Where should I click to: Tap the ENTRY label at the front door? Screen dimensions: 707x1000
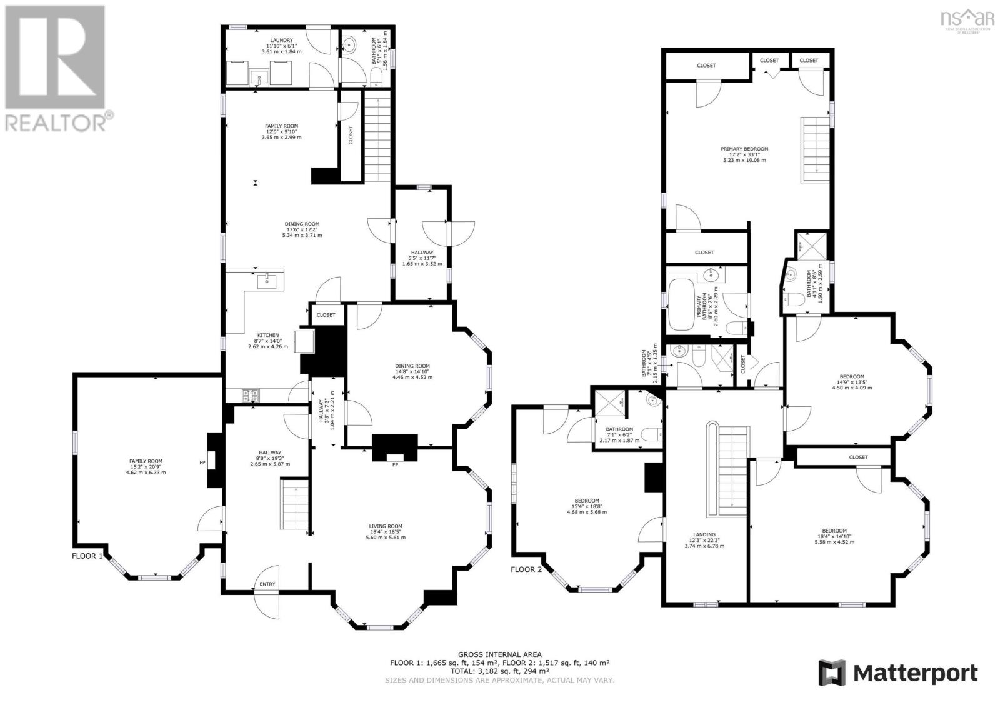pos(267,584)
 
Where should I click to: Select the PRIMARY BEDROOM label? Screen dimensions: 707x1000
pos(744,149)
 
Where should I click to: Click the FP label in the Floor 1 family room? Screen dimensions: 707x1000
pos(202,463)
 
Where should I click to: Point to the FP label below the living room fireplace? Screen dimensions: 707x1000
pos(395,465)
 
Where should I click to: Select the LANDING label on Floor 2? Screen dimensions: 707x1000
pos(702,534)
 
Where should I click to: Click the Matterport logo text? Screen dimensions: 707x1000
pos(915,673)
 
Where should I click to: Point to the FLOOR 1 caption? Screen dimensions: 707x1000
pos(87,556)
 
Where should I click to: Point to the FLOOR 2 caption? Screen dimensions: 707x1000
pos(527,569)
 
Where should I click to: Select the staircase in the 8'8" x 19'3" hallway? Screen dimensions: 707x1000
pos(294,506)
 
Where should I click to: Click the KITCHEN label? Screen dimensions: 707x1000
pos(267,335)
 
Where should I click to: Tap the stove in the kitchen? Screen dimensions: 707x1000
pos(251,395)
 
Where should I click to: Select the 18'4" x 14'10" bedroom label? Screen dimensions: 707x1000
pos(834,531)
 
